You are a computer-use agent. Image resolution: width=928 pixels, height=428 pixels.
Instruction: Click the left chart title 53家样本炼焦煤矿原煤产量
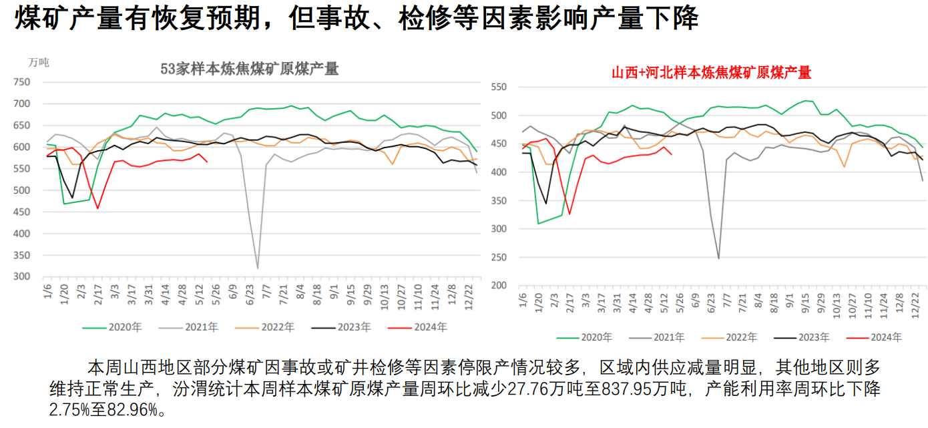[250, 68]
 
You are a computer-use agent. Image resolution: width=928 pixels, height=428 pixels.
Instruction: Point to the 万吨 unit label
[39, 62]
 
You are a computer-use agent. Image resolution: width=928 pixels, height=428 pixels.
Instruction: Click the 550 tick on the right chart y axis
[499, 87]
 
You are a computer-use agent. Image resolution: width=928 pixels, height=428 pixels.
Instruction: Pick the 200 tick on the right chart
[499, 285]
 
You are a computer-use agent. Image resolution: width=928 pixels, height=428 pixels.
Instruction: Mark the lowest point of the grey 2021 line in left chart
[258, 268]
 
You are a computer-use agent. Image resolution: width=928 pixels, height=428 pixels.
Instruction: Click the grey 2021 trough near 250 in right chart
[718, 258]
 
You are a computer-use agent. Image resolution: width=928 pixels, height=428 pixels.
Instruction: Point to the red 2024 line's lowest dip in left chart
[98, 208]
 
